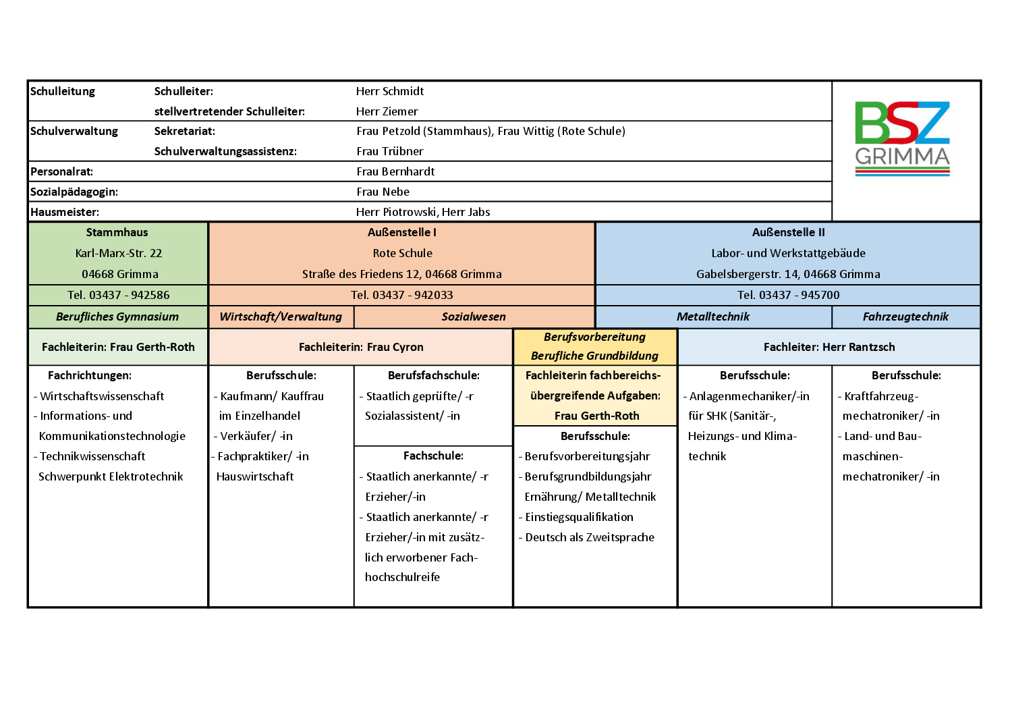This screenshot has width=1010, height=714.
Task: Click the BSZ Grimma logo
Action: click(x=902, y=138)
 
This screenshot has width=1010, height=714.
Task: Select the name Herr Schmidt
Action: click(x=390, y=91)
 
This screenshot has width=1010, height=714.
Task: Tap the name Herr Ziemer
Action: click(x=387, y=111)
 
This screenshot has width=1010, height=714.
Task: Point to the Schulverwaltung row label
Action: click(x=74, y=131)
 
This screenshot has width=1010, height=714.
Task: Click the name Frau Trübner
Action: click(x=390, y=151)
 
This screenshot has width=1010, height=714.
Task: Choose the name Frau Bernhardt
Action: click(x=395, y=171)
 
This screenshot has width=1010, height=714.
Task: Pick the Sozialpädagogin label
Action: click(x=74, y=192)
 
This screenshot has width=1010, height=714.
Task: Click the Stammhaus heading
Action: click(x=117, y=232)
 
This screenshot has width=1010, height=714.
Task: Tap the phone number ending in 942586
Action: click(x=119, y=295)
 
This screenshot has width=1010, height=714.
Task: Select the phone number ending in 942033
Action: click(x=402, y=295)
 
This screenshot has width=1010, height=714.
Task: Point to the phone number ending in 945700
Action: click(x=788, y=295)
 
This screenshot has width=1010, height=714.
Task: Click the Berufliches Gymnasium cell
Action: click(x=117, y=317)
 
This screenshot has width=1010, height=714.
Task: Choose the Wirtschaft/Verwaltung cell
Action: click(x=281, y=317)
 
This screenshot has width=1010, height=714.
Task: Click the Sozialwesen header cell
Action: click(x=474, y=317)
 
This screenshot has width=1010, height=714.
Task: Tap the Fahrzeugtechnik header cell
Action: click(x=905, y=317)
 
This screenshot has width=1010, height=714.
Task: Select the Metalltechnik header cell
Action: click(x=713, y=317)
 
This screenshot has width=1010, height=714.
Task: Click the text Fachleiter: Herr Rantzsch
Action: click(x=829, y=347)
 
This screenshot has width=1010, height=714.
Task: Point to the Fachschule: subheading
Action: click(x=433, y=456)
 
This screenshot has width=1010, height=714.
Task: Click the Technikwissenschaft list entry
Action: click(x=92, y=456)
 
